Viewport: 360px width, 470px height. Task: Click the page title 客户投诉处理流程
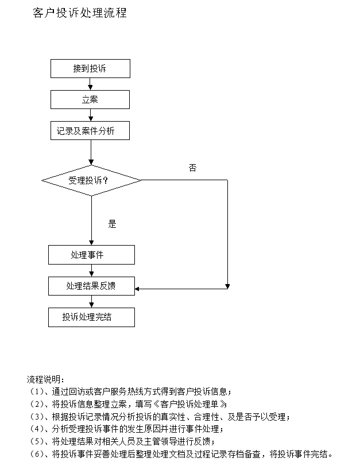[x=79, y=13]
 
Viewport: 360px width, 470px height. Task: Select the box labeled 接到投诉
[x=90, y=69]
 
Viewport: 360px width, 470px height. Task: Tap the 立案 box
[x=90, y=99]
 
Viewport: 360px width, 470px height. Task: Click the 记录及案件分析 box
[x=90, y=131]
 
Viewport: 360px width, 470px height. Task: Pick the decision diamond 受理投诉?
[x=91, y=180]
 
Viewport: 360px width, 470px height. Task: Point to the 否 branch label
[x=192, y=168]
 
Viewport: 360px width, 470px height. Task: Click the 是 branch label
[x=112, y=224]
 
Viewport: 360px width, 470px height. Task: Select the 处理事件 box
[x=91, y=255]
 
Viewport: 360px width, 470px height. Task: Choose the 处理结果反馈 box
[x=91, y=286]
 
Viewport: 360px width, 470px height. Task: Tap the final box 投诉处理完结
[x=91, y=317]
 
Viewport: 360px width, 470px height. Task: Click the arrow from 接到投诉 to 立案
[x=90, y=84]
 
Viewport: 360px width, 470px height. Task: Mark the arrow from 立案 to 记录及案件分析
[x=91, y=115]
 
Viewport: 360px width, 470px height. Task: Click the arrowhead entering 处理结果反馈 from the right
[x=137, y=289]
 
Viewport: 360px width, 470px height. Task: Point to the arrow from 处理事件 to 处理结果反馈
[x=91, y=270]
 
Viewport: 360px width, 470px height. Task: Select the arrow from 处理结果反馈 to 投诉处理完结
[x=91, y=301]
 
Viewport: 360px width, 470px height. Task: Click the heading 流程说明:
[x=45, y=379]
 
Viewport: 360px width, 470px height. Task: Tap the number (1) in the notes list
[x=37, y=392]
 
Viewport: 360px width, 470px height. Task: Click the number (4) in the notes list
[x=37, y=429]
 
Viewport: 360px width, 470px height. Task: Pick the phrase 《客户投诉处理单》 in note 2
[x=190, y=404]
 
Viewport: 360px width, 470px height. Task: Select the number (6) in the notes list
[x=37, y=454]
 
